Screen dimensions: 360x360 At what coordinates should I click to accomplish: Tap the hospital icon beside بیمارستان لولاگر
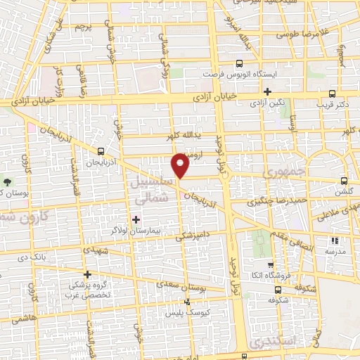pyautogui.click(x=136, y=219)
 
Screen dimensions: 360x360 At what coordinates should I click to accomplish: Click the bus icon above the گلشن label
pyautogui.click(x=343, y=179)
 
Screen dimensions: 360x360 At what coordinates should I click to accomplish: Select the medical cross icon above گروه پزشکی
pyautogui.click(x=87, y=274)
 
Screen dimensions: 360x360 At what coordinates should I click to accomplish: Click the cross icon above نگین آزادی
pyautogui.click(x=267, y=91)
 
